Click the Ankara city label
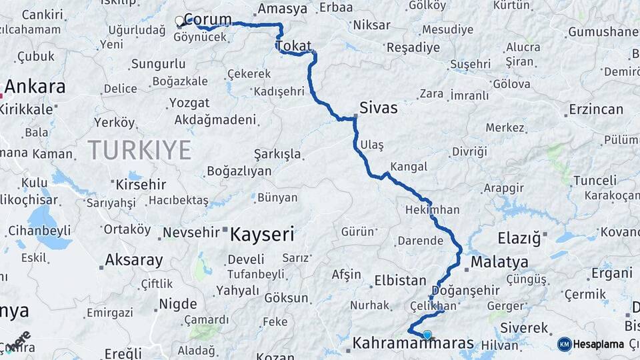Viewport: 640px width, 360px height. coord(35,87)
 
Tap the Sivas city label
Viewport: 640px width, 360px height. coord(378,107)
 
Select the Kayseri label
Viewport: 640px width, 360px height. coord(262,234)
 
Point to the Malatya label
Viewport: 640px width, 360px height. coord(499,262)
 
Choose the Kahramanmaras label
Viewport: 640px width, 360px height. coord(413,343)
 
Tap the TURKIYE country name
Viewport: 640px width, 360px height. coord(139,149)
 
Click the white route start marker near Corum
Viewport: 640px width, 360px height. coord(179,21)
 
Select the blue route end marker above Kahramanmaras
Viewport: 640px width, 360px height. coord(427,335)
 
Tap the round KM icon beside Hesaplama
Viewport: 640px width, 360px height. coord(565,344)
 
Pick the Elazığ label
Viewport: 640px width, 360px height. coord(519,237)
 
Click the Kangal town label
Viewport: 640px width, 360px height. coord(408,165)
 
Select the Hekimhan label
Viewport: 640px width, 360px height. coord(432,209)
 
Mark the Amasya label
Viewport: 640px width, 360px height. coord(282,9)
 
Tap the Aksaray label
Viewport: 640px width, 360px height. coord(134,260)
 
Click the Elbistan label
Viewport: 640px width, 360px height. coord(400,281)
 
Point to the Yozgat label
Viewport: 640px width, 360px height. coord(189,103)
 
